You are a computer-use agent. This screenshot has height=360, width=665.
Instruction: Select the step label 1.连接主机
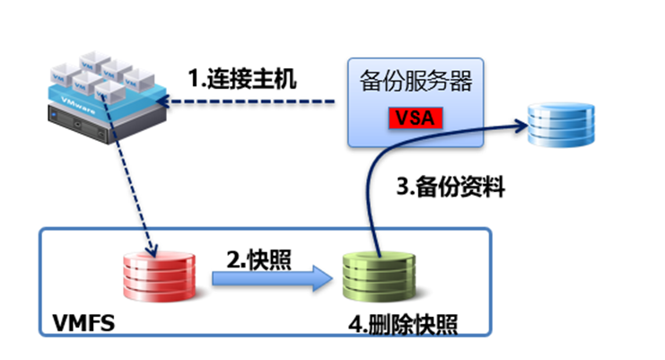[x=241, y=78]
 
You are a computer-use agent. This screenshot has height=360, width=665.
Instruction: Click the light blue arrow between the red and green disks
[x=270, y=280]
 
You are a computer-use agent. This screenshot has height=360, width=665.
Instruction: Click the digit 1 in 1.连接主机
[x=193, y=78]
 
